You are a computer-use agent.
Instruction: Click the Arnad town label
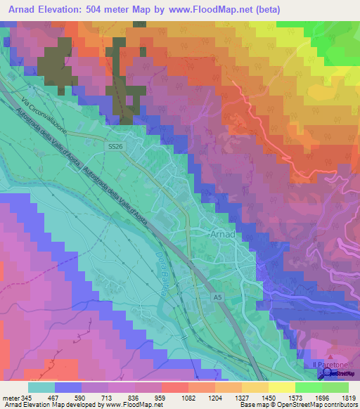(x=223, y=234)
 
